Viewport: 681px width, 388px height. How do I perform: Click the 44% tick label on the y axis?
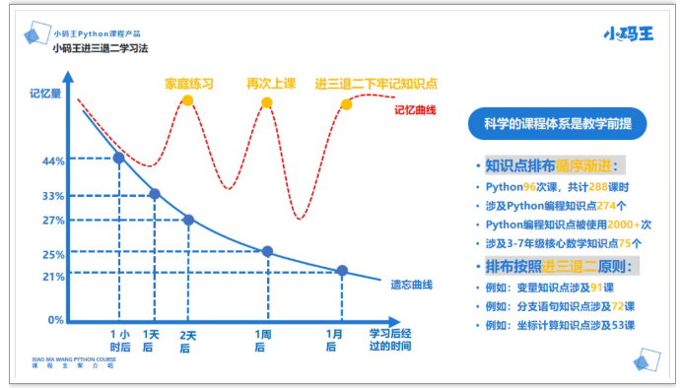53,161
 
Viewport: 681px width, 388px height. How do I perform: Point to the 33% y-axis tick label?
53,196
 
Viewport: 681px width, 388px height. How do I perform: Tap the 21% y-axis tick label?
53,276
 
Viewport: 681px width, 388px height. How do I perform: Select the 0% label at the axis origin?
56,320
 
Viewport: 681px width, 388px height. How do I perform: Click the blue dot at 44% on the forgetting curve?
120,158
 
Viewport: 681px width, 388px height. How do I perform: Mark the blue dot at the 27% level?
188,220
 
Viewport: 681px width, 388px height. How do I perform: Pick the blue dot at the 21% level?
342,271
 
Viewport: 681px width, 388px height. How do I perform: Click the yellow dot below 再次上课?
266,102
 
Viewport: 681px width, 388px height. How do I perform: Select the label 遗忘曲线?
412,286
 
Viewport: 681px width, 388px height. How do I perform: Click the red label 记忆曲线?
415,110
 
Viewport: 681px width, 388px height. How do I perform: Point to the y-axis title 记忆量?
45,95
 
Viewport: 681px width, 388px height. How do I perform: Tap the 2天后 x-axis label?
188,340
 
